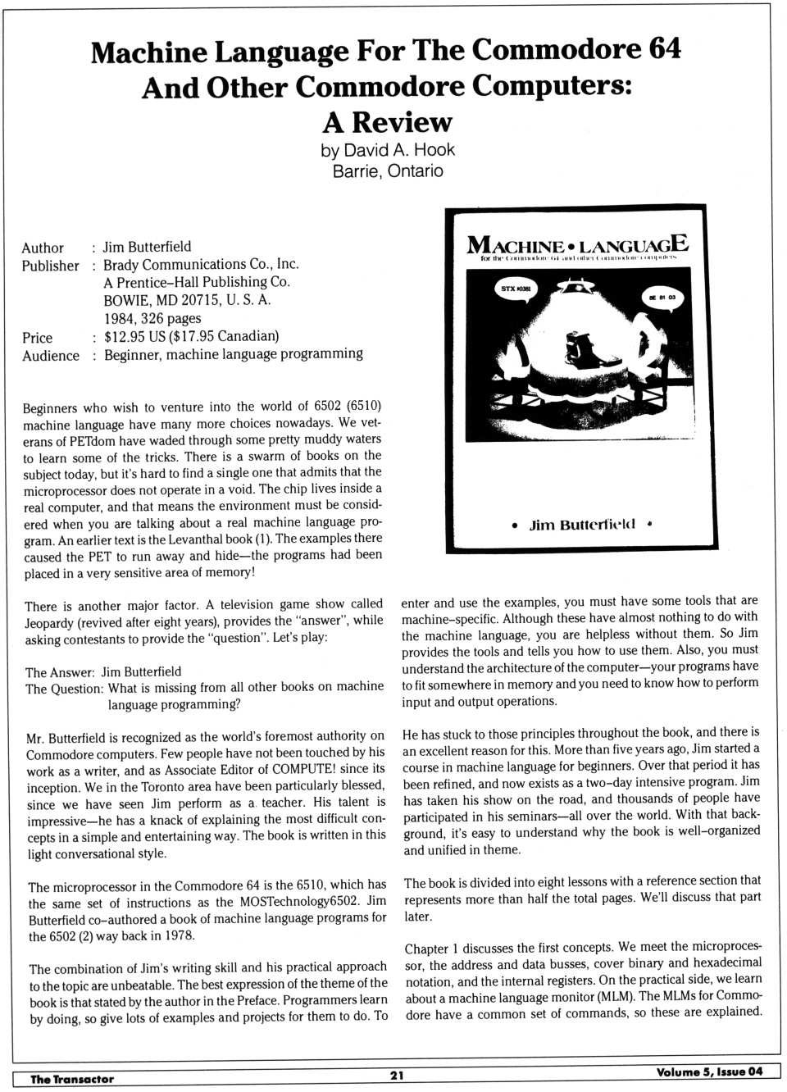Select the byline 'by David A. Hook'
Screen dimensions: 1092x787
[x=387, y=150]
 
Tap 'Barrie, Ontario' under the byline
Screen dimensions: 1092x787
[x=387, y=171]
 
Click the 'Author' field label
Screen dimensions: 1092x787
[x=43, y=248]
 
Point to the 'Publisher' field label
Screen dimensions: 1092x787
[x=50, y=266]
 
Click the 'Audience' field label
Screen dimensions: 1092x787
[x=51, y=356]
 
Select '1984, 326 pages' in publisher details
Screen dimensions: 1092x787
[x=152, y=318]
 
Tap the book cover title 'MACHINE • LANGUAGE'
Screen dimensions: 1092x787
[x=577, y=244]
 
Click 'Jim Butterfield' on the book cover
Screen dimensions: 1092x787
[x=582, y=524]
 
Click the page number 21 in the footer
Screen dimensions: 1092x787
[x=397, y=1075]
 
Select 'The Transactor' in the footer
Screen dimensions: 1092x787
[x=72, y=1079]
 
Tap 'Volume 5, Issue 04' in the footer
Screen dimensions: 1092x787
[x=709, y=1072]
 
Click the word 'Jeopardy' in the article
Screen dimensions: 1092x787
[x=52, y=622]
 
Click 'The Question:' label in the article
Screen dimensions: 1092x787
[x=64, y=689]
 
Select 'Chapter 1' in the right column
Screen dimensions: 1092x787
[x=431, y=948]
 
